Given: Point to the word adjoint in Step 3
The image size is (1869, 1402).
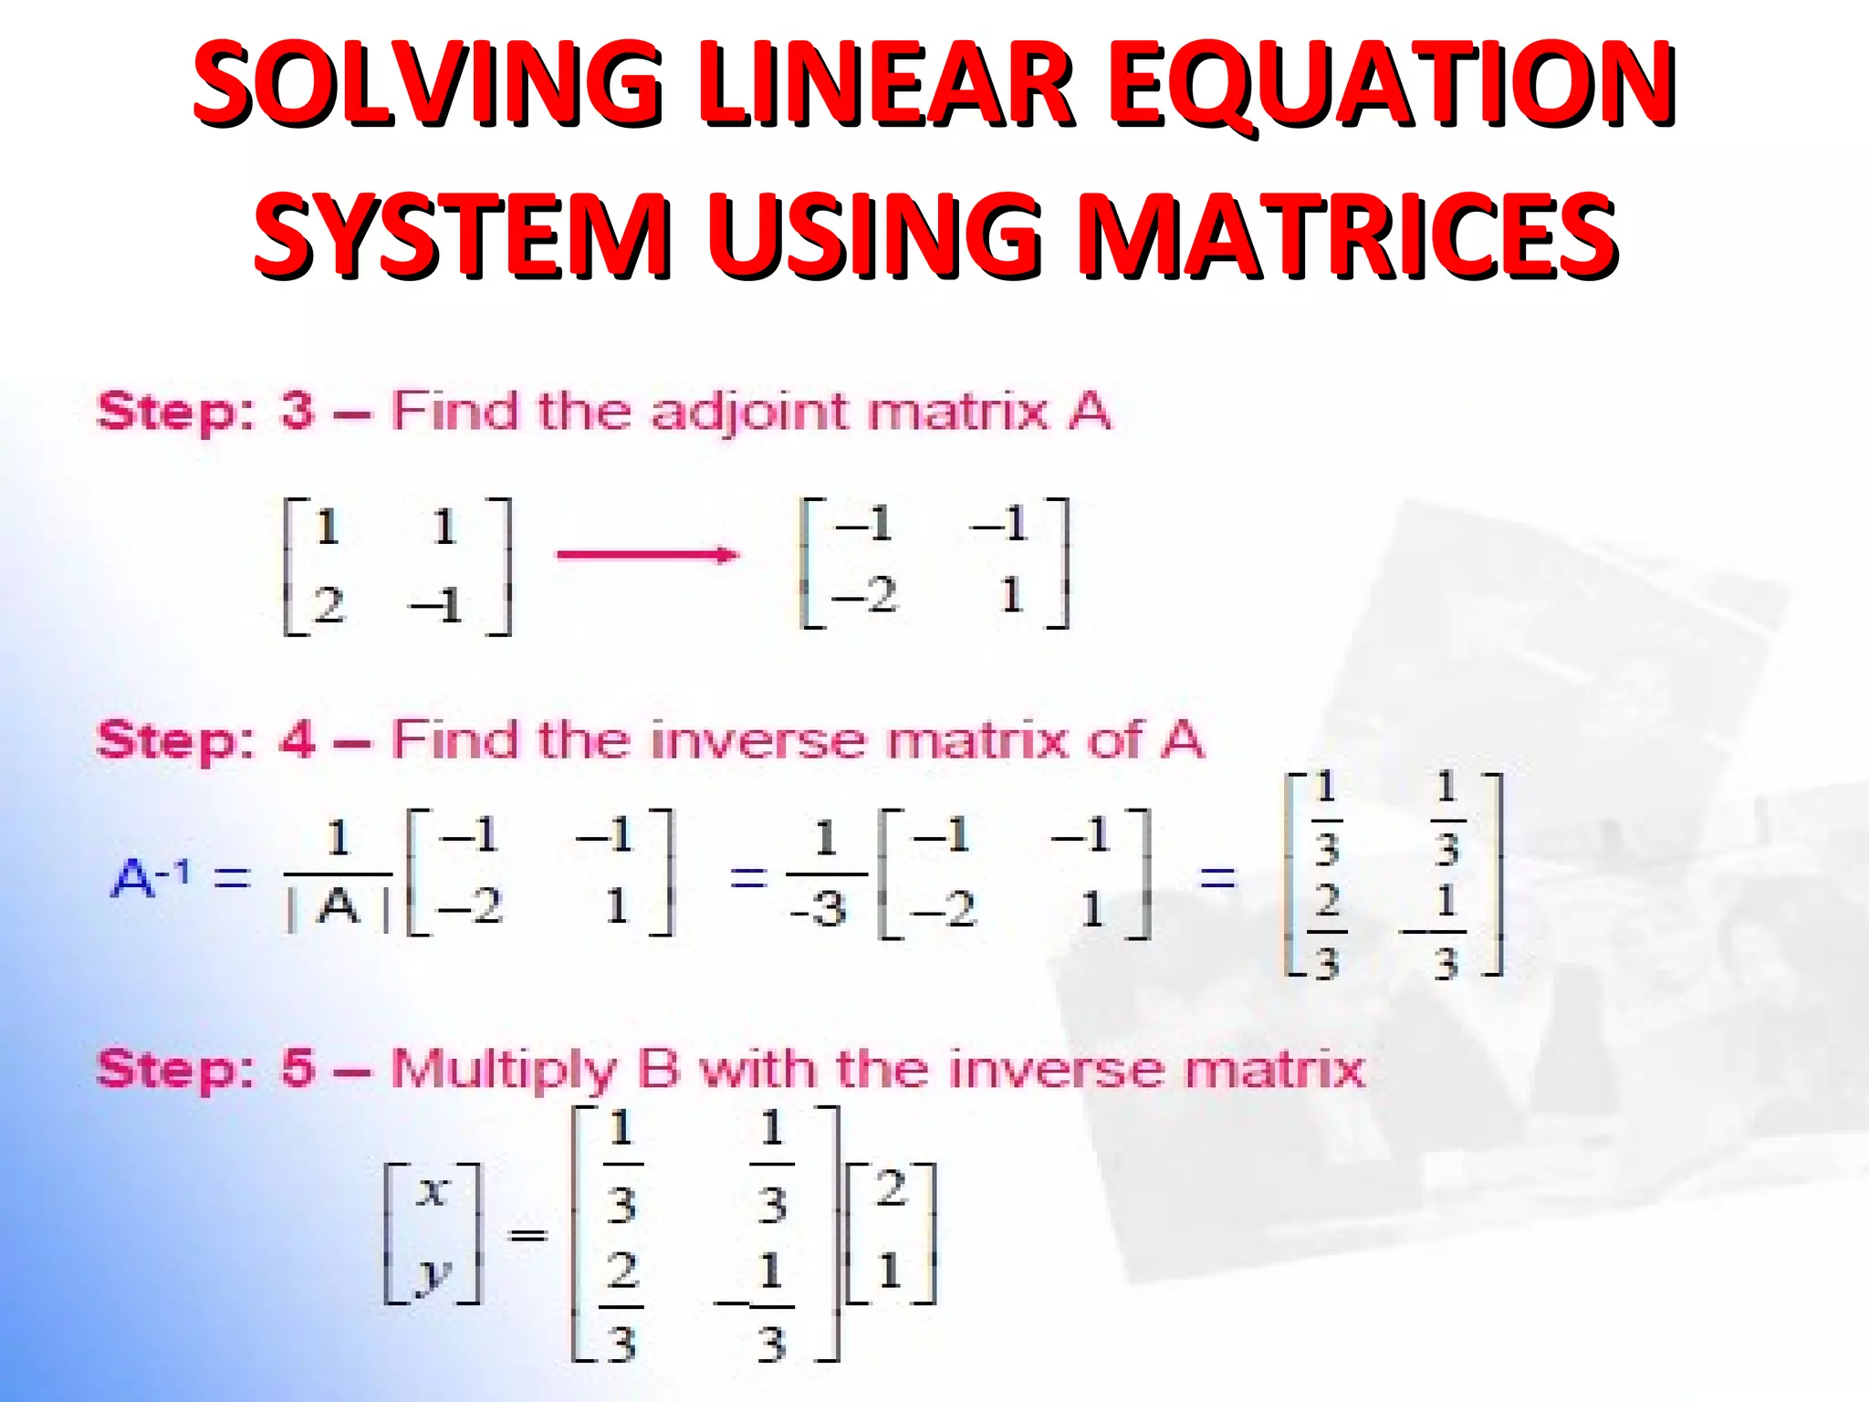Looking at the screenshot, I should tap(749, 413).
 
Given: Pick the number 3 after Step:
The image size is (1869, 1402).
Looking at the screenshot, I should tap(298, 411).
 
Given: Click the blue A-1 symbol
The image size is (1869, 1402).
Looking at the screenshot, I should tap(151, 878).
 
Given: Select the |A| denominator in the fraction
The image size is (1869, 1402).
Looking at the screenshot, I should tap(339, 909).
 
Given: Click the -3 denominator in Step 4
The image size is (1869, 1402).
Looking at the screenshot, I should tap(819, 909).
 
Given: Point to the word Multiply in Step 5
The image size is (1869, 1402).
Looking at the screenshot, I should tap(504, 1070).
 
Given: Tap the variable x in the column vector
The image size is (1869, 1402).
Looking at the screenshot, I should tap(433, 1191).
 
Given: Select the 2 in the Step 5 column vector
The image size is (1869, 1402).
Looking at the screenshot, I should tap(891, 1189).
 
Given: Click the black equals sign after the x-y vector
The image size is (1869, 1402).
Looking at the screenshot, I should tap(527, 1236).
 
